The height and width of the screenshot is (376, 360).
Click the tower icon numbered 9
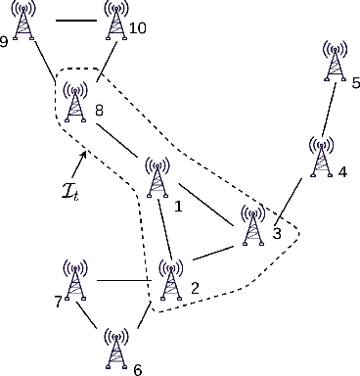point(25,23)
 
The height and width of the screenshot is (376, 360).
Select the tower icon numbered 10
point(117,23)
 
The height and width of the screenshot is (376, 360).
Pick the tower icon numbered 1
point(157,178)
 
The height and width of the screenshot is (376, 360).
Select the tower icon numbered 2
point(172,280)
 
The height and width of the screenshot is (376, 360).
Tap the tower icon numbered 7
point(74,280)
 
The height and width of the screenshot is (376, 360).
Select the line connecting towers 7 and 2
point(123,281)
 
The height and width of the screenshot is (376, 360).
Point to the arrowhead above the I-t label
point(85,153)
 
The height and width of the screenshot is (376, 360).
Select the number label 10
point(137,28)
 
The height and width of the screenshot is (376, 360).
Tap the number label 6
point(137,369)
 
